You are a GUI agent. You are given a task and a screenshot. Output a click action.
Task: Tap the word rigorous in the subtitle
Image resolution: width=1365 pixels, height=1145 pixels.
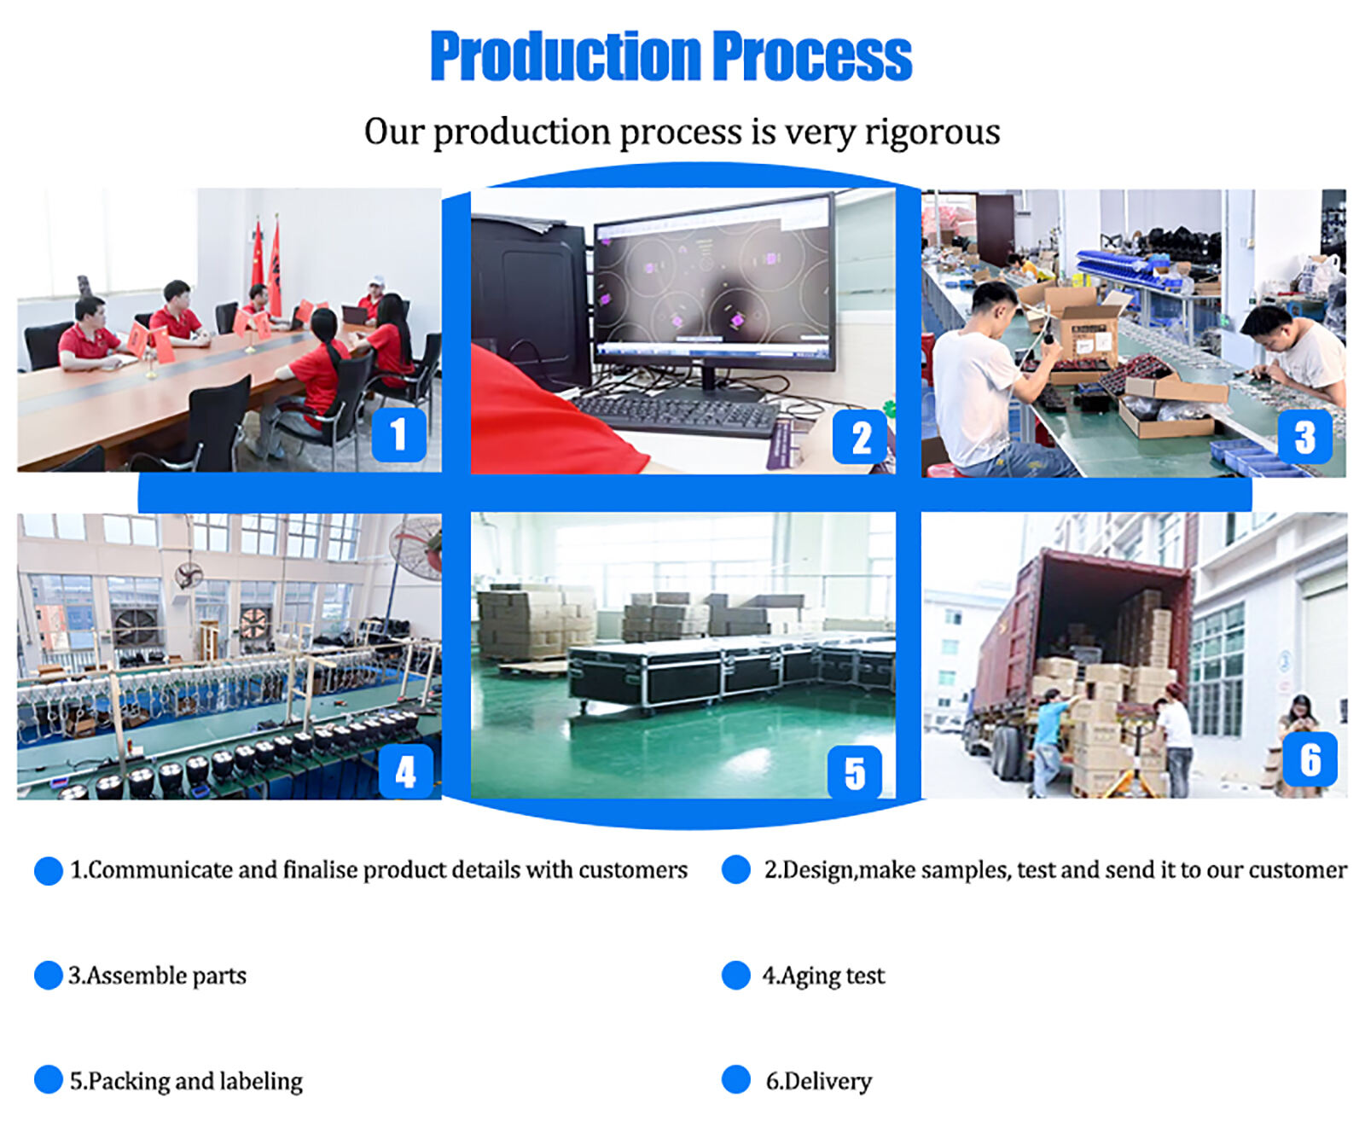(932, 133)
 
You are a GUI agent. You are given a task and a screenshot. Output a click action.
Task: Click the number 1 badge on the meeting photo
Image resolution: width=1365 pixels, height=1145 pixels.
(399, 434)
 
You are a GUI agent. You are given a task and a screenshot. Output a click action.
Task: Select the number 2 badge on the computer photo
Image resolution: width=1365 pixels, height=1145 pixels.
(859, 437)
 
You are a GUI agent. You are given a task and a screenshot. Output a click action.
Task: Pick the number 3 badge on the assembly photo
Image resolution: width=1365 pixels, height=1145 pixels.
(1304, 437)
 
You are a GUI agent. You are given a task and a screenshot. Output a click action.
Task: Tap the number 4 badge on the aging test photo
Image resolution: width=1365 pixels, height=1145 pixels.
(405, 771)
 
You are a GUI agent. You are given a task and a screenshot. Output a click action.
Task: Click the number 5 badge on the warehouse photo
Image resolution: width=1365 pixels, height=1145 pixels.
(855, 772)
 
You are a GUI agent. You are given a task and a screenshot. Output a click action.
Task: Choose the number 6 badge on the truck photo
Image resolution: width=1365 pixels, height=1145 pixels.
(1310, 759)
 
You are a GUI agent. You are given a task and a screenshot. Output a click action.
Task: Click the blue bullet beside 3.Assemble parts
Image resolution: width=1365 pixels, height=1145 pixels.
(49, 975)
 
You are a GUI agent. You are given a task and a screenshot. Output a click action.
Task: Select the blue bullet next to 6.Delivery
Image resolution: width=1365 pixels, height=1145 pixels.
(736, 1079)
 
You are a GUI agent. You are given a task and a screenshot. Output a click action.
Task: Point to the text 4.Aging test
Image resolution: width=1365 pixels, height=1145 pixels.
(823, 976)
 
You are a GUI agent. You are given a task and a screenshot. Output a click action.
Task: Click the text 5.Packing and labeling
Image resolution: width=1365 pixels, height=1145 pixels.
(186, 1082)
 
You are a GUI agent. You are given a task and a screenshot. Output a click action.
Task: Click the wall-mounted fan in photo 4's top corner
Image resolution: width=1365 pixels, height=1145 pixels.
(418, 546)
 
